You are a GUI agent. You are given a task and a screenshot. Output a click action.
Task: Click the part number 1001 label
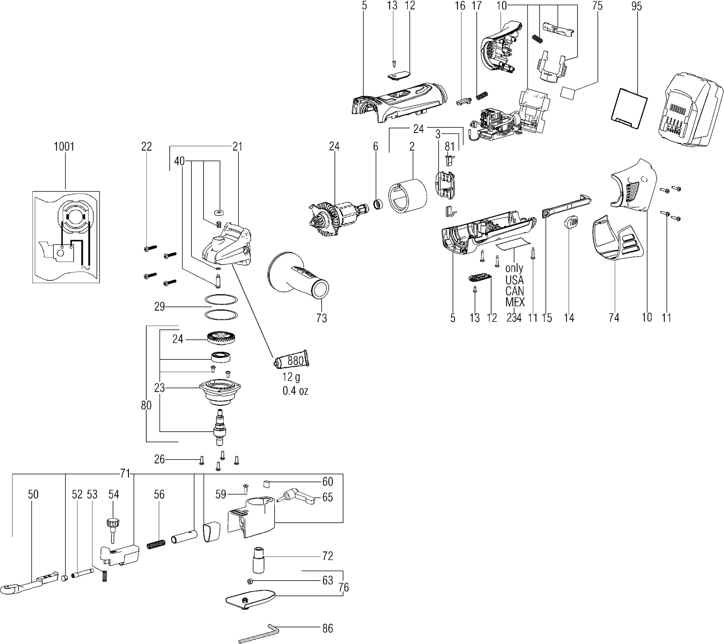(x=64, y=146)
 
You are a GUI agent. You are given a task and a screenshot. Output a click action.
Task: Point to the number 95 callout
(x=636, y=6)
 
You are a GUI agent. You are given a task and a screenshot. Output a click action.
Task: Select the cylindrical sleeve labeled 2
(x=408, y=196)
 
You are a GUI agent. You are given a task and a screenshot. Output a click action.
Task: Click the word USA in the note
(x=514, y=280)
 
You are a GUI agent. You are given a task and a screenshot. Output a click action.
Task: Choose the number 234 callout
(x=514, y=318)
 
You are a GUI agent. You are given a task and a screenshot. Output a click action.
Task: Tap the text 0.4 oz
(x=295, y=391)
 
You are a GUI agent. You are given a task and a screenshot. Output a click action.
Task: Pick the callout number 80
(x=146, y=405)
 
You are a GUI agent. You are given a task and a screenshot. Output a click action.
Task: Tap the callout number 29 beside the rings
(x=159, y=306)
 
